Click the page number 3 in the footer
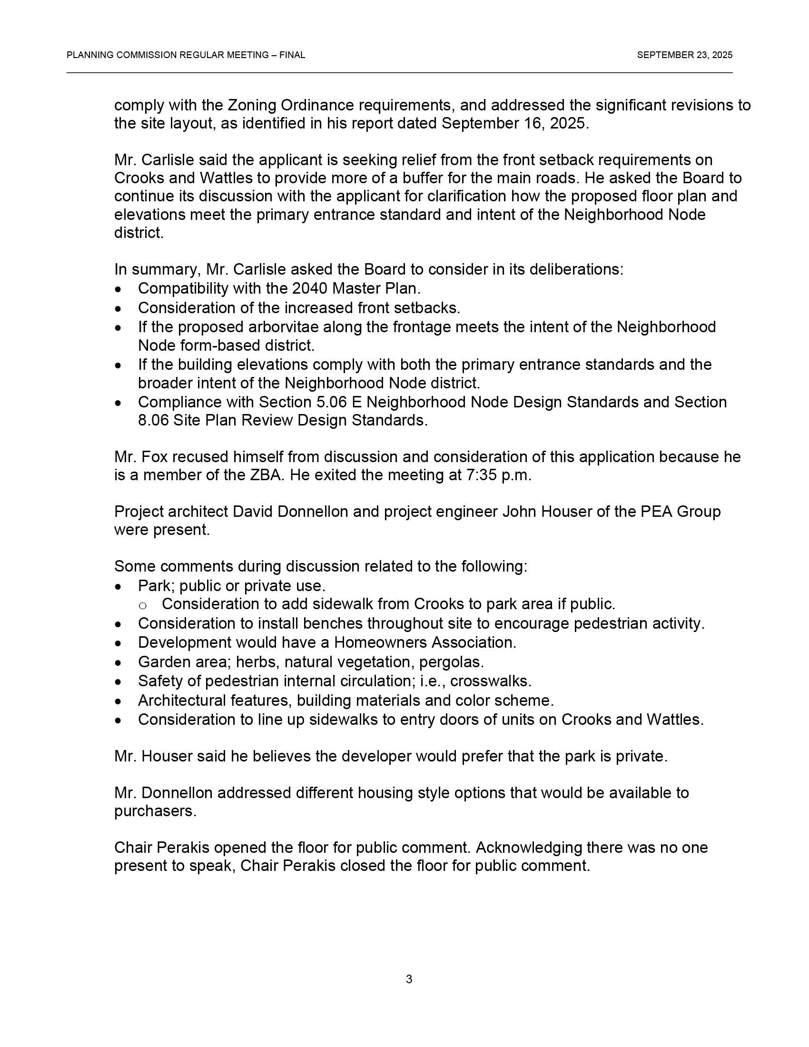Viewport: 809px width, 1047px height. point(409,979)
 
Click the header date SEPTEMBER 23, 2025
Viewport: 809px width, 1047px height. point(684,55)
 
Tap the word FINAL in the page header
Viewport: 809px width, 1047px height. point(292,55)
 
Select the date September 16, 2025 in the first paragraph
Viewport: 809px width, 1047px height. point(513,124)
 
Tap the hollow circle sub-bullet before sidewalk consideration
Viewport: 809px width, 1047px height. point(142,605)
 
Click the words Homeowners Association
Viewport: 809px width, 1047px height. point(425,642)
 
